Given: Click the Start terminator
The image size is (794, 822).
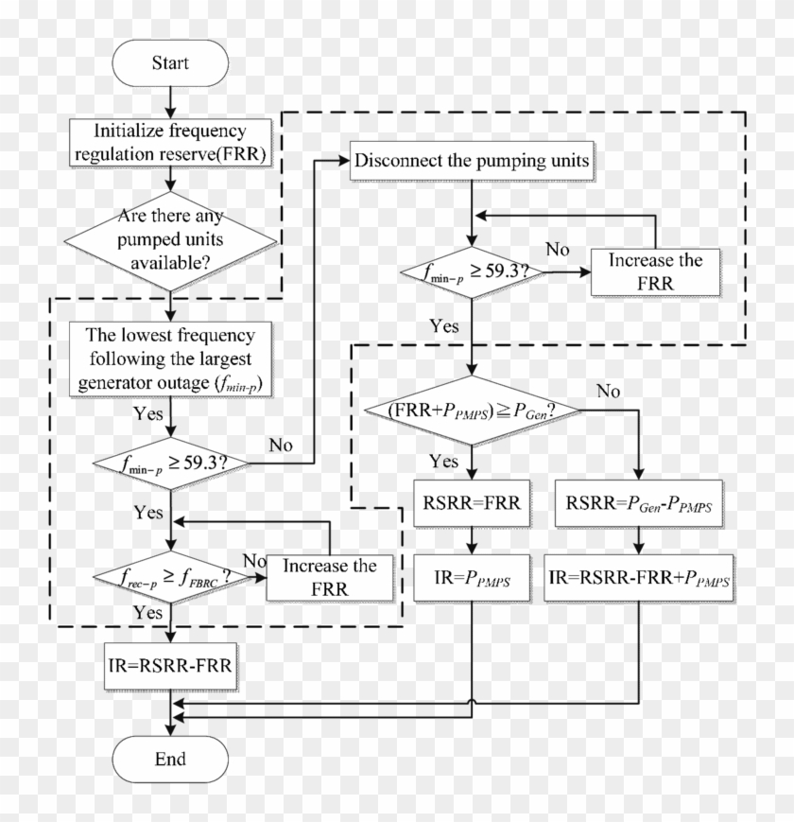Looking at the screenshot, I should [170, 63].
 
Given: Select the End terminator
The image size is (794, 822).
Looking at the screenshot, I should [170, 759].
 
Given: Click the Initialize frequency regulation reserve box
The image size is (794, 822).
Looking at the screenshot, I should [170, 142].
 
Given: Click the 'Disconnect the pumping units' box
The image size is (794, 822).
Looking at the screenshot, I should [472, 160].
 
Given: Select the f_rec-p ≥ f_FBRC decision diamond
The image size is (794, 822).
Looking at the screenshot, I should [170, 576].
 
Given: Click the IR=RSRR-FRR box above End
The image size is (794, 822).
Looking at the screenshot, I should [170, 668].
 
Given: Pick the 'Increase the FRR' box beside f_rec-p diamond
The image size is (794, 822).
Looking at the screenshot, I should [329, 576].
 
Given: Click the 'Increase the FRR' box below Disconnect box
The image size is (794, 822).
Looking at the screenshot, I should [654, 271].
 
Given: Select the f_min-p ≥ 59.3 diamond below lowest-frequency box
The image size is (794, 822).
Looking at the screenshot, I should [170, 463].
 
